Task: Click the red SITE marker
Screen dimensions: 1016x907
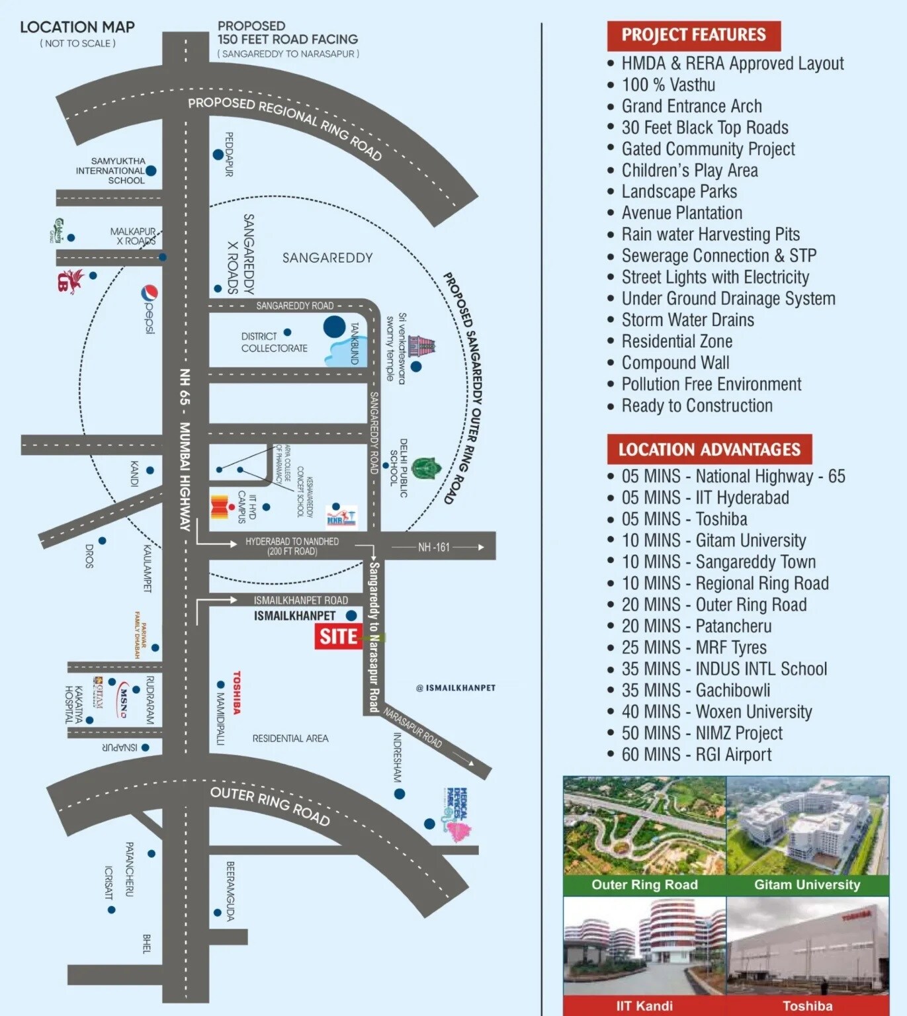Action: [338, 636]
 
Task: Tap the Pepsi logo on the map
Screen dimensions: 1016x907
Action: [150, 308]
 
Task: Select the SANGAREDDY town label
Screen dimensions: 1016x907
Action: [327, 258]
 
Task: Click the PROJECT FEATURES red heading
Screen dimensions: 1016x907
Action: [693, 35]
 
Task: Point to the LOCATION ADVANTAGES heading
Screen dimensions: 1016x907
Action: [709, 450]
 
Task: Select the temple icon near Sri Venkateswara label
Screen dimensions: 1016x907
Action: [421, 346]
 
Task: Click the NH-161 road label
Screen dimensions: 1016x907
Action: [433, 547]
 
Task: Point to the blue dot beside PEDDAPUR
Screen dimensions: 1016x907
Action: [218, 155]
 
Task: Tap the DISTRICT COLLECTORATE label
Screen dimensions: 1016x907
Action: [274, 342]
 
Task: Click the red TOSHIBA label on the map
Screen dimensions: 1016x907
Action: [236, 693]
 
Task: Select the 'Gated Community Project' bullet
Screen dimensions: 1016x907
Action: [708, 149]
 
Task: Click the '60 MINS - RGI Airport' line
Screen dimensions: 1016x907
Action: [696, 755]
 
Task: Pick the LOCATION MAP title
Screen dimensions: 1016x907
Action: [77, 27]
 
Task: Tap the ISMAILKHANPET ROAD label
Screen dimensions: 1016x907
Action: [300, 601]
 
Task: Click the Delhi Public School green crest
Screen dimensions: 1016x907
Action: [426, 468]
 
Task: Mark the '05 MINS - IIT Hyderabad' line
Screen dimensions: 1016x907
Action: [705, 497]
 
